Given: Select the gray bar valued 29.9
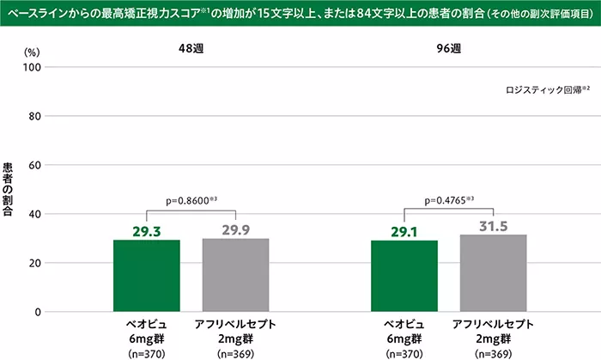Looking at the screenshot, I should coord(234,274).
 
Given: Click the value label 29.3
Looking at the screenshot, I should coord(146,230).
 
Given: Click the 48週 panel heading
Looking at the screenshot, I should coord(190,49).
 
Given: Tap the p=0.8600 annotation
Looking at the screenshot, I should coord(191,200).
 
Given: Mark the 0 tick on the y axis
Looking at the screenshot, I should coord(38,311).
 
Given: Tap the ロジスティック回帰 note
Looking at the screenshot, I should coord(546,88).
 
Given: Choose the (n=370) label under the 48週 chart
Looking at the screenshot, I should coord(146,353).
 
